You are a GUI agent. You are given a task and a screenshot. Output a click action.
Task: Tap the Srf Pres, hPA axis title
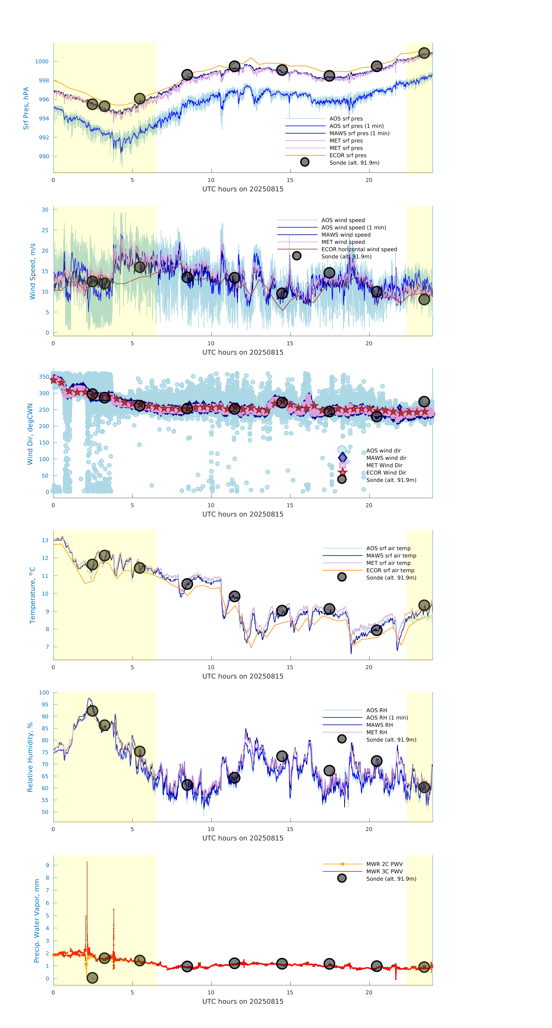pyautogui.click(x=26, y=108)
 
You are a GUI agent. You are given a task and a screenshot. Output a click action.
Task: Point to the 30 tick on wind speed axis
pyautogui.click(x=45, y=209)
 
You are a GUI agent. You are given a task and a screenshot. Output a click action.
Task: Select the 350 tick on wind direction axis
pyautogui.click(x=44, y=377)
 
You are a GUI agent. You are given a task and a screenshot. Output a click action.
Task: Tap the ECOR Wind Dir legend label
pyautogui.click(x=386, y=473)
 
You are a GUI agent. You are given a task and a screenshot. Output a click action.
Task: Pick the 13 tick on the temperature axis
pyautogui.click(x=45, y=540)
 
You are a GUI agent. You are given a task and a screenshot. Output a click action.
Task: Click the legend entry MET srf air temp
pyautogui.click(x=388, y=563)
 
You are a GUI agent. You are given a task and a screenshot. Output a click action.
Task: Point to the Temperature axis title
pyautogui.click(x=32, y=595)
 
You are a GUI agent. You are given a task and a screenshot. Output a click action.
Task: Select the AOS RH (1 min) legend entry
pyautogui.click(x=387, y=718)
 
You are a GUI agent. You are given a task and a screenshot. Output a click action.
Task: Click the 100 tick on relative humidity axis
pyautogui.click(x=44, y=693)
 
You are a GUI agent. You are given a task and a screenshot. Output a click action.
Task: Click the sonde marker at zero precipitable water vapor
pyautogui.click(x=92, y=978)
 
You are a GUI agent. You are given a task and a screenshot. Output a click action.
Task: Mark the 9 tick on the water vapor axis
pyautogui.click(x=47, y=865)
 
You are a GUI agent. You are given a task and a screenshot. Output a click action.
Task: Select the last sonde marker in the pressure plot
pyautogui.click(x=424, y=53)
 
